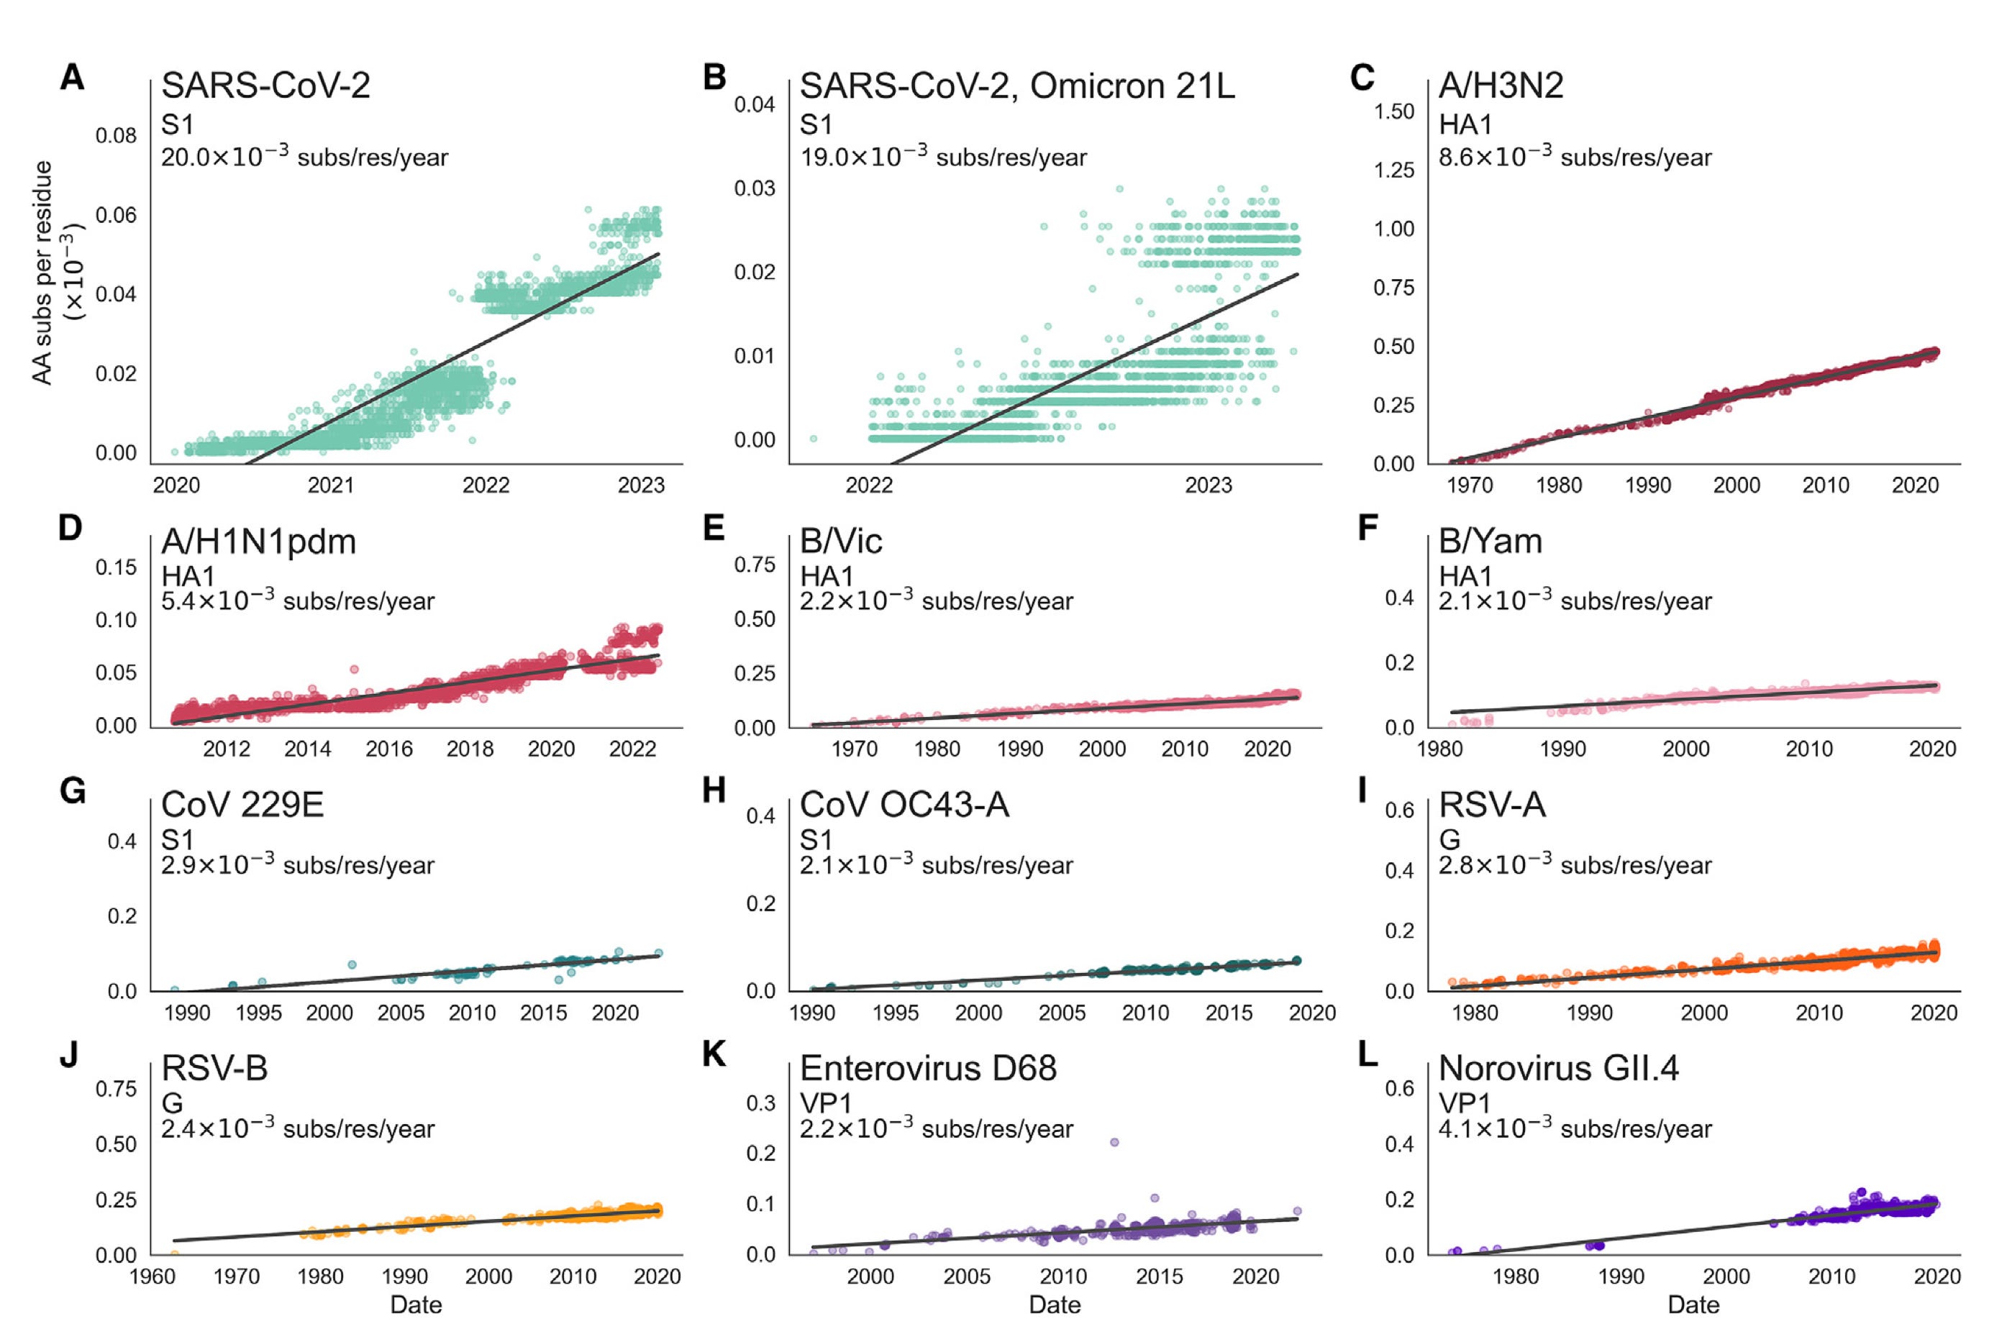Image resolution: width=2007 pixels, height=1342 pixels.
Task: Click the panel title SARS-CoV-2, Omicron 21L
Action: click(1016, 86)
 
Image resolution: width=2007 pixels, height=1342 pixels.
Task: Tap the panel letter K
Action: click(714, 1054)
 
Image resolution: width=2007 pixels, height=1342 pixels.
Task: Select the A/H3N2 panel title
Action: click(1501, 86)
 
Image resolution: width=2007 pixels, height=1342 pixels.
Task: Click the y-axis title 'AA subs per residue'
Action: click(42, 272)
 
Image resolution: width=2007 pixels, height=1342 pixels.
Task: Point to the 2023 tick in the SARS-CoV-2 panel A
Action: click(641, 485)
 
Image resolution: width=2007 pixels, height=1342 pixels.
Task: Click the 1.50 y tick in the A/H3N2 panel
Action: click(1393, 111)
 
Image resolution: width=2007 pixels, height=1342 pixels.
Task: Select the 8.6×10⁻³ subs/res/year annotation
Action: click(1575, 158)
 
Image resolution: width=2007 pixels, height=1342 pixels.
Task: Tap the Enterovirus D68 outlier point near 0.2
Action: click(1114, 1142)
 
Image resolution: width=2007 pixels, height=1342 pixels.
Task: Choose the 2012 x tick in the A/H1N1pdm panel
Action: click(226, 749)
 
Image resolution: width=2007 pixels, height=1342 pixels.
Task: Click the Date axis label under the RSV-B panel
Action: click(416, 1305)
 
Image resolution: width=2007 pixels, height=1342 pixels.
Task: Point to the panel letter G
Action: click(73, 791)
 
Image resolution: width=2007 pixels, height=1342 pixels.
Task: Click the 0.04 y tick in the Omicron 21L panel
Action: click(754, 104)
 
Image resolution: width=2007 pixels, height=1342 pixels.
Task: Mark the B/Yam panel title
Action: click(1490, 541)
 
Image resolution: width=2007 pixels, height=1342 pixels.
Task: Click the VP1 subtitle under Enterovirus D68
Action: click(825, 1103)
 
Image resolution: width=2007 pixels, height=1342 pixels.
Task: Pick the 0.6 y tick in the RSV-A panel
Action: click(1399, 810)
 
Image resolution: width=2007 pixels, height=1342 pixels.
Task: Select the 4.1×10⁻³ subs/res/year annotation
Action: click(1575, 1129)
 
